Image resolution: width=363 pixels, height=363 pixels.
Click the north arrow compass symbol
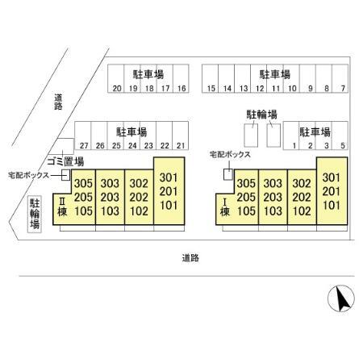click(x=341, y=298)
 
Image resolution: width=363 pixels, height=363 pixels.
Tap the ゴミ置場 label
click(x=65, y=161)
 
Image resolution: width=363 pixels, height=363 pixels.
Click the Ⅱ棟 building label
click(x=62, y=207)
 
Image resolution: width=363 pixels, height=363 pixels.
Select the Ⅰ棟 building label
click(x=225, y=207)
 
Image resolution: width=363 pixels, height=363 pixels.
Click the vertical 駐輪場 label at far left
click(x=35, y=214)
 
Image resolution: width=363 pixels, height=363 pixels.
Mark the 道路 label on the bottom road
click(x=190, y=258)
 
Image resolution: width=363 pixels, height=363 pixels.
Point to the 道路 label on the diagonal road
click(x=58, y=102)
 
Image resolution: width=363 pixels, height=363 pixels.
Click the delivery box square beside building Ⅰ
click(x=228, y=174)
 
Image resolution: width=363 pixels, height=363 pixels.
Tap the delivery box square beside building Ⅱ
click(x=65, y=175)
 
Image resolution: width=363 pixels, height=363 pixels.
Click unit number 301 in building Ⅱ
click(x=169, y=177)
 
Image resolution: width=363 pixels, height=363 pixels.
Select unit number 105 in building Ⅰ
click(x=246, y=211)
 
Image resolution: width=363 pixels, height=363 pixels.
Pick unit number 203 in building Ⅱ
click(x=110, y=197)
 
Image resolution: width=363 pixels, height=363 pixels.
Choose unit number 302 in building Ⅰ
click(x=302, y=183)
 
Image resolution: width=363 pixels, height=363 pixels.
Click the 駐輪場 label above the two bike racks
click(x=261, y=115)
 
